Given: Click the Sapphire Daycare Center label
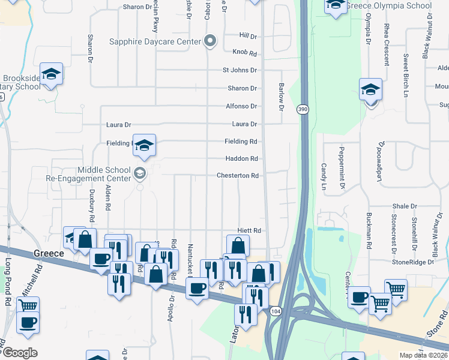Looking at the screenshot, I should click(154, 41).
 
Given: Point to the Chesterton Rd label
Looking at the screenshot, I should click(238, 176).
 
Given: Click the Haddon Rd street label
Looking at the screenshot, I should click(241, 158).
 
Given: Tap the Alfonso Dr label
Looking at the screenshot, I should click(241, 106).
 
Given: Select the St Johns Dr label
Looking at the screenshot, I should click(240, 70).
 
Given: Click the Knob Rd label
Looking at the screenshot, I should click(246, 52).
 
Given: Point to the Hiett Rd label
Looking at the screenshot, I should click(249, 230).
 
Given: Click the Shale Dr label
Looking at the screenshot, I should click(405, 206).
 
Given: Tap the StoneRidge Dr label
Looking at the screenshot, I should click(412, 262).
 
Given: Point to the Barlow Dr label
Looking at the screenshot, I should click(280, 97).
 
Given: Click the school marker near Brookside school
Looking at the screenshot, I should click(52, 74).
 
